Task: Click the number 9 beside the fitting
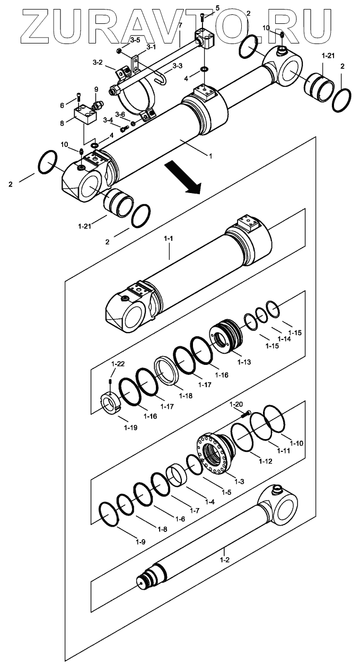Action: [96, 89]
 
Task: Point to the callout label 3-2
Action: [97, 63]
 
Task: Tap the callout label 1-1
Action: [168, 240]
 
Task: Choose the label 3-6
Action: [120, 115]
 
